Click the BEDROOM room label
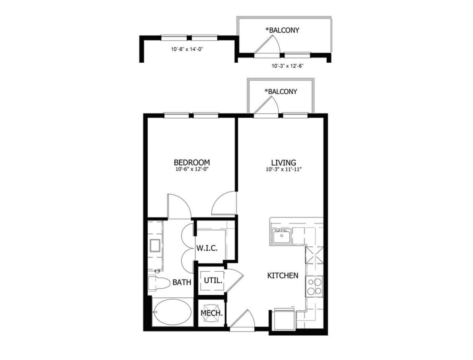(192, 163)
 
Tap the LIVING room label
(283, 163)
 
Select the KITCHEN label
(283, 276)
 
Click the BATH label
(181, 282)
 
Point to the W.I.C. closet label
(207, 248)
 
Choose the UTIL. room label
(212, 281)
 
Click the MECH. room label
(212, 314)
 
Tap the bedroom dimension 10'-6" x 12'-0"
(192, 169)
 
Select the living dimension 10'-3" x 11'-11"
(283, 169)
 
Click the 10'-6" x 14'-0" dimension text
(187, 49)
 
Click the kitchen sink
(281, 235)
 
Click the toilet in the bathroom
(156, 283)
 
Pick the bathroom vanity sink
(155, 246)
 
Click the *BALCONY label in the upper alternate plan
(282, 30)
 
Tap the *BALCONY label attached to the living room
(280, 91)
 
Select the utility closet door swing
(234, 280)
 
